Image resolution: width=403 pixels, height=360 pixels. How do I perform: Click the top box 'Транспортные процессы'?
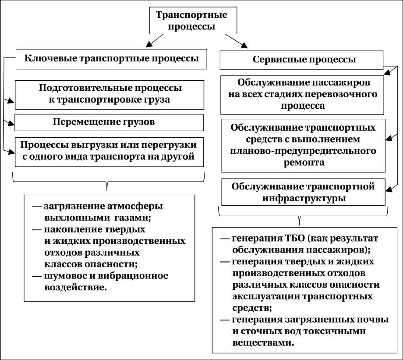pyautogui.click(x=192, y=20)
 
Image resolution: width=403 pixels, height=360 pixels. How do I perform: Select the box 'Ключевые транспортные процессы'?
pyautogui.click(x=111, y=59)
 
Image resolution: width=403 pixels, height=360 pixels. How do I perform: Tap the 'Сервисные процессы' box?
pyautogui.click(x=304, y=60)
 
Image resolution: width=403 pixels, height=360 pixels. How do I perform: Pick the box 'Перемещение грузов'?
pyautogui.click(x=109, y=122)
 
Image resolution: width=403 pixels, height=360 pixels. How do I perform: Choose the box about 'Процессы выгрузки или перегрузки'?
pyautogui.click(x=109, y=151)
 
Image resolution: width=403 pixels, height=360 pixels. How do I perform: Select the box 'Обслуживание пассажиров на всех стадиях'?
pyautogui.click(x=304, y=94)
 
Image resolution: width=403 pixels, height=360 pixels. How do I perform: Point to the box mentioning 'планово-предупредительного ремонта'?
pyautogui.click(x=304, y=145)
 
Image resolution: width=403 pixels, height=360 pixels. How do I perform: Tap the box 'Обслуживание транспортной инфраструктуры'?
pyautogui.click(x=304, y=192)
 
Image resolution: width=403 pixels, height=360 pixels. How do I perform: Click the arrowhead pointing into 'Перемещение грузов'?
pyautogui.click(x=11, y=123)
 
